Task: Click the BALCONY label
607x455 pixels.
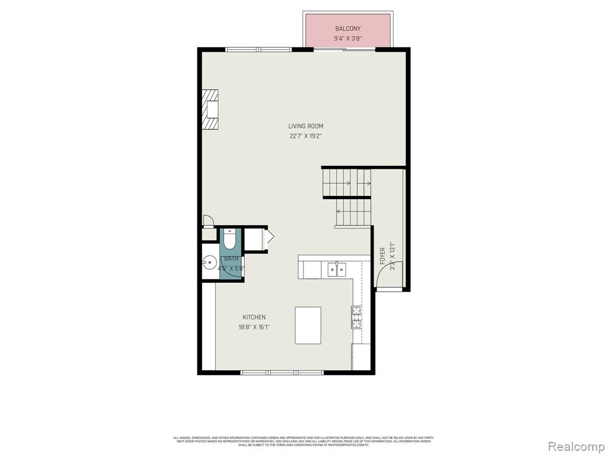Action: (x=347, y=28)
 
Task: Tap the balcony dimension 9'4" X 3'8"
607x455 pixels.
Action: (x=347, y=39)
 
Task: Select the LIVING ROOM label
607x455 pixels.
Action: (x=305, y=126)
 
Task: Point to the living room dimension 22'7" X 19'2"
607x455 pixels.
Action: (x=305, y=136)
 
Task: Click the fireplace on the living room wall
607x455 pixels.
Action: (x=210, y=109)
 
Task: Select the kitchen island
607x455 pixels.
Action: (x=308, y=325)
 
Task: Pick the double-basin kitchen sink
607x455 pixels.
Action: (x=337, y=270)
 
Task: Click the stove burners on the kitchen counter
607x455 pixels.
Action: (x=357, y=317)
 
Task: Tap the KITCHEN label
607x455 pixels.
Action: (x=254, y=318)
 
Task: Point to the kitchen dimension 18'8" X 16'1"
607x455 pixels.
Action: (x=254, y=327)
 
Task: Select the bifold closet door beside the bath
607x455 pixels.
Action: (x=270, y=238)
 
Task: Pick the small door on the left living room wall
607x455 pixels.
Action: (x=208, y=222)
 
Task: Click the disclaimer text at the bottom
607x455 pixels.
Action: (x=303, y=441)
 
